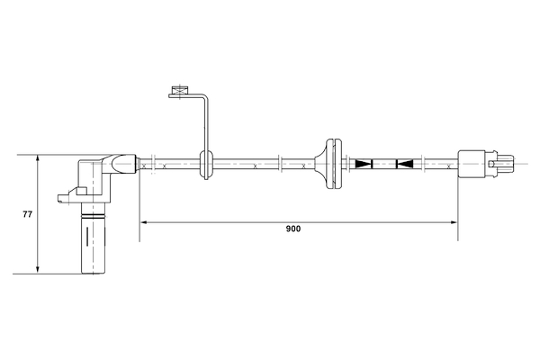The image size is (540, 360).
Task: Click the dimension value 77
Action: point(27,215)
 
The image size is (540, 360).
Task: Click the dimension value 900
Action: point(292,229)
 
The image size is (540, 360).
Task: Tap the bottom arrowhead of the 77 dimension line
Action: point(38,268)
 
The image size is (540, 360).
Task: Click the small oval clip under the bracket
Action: point(206,164)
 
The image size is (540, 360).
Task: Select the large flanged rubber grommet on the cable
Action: point(333,164)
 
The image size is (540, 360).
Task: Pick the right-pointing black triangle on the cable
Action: point(364,164)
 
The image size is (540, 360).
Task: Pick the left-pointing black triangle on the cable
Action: point(405,164)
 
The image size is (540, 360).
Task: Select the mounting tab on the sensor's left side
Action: point(68,193)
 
